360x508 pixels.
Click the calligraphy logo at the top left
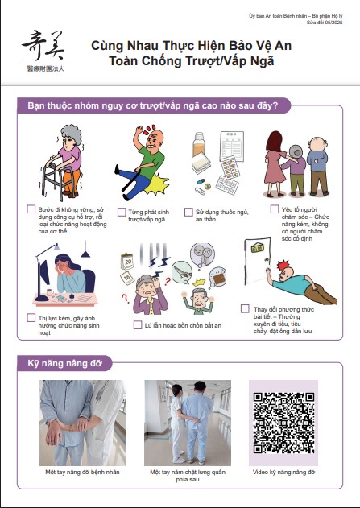43,50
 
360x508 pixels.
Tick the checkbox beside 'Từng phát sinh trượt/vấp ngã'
122,213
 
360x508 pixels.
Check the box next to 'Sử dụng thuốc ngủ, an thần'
188,213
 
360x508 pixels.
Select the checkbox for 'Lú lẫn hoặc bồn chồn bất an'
138,325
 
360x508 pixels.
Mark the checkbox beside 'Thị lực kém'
31,317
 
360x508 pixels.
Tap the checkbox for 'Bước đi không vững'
31,209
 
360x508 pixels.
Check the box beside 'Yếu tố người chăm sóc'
275,209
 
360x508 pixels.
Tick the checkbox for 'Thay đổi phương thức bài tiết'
245,309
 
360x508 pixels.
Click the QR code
283,423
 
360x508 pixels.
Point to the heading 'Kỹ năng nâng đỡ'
64,363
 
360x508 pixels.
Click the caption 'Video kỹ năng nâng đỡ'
283,472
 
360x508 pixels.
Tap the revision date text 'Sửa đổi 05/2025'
325,23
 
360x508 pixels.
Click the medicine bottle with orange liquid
199,144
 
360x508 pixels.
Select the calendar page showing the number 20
127,262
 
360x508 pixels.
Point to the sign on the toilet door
257,248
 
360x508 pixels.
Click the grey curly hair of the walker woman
72,134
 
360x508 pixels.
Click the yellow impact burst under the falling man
157,184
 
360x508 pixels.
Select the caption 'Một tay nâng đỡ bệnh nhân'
82,472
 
